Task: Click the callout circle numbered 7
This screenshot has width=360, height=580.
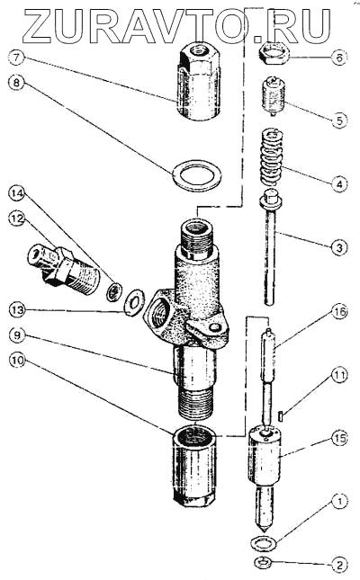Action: coord(17,58)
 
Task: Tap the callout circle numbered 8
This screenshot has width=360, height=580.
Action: coord(17,83)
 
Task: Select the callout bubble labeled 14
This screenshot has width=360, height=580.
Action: coord(17,193)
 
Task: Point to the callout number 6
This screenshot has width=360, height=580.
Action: coord(339,58)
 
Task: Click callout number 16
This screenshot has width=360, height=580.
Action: coord(339,312)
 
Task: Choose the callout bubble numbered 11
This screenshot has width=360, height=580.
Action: coord(339,376)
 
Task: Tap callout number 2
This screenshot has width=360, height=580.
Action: coord(339,565)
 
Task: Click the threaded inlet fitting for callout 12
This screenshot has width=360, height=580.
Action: coord(64,265)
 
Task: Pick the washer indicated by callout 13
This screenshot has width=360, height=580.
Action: coord(133,303)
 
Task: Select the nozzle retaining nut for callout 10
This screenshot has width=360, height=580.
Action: coord(193,468)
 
